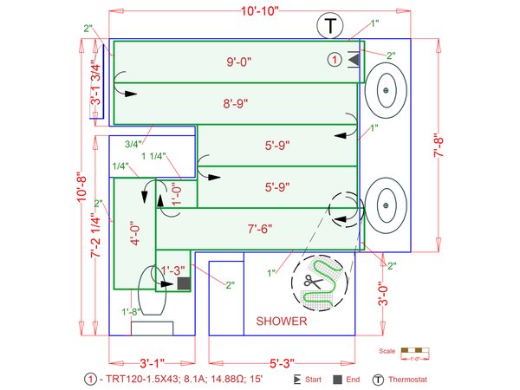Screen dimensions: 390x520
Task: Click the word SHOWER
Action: (x=282, y=322)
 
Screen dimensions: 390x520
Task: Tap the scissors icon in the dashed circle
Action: (x=311, y=281)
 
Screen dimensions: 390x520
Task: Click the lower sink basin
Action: (x=385, y=205)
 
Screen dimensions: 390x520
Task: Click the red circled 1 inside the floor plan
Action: (x=335, y=59)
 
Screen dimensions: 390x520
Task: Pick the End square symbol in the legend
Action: (x=337, y=380)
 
